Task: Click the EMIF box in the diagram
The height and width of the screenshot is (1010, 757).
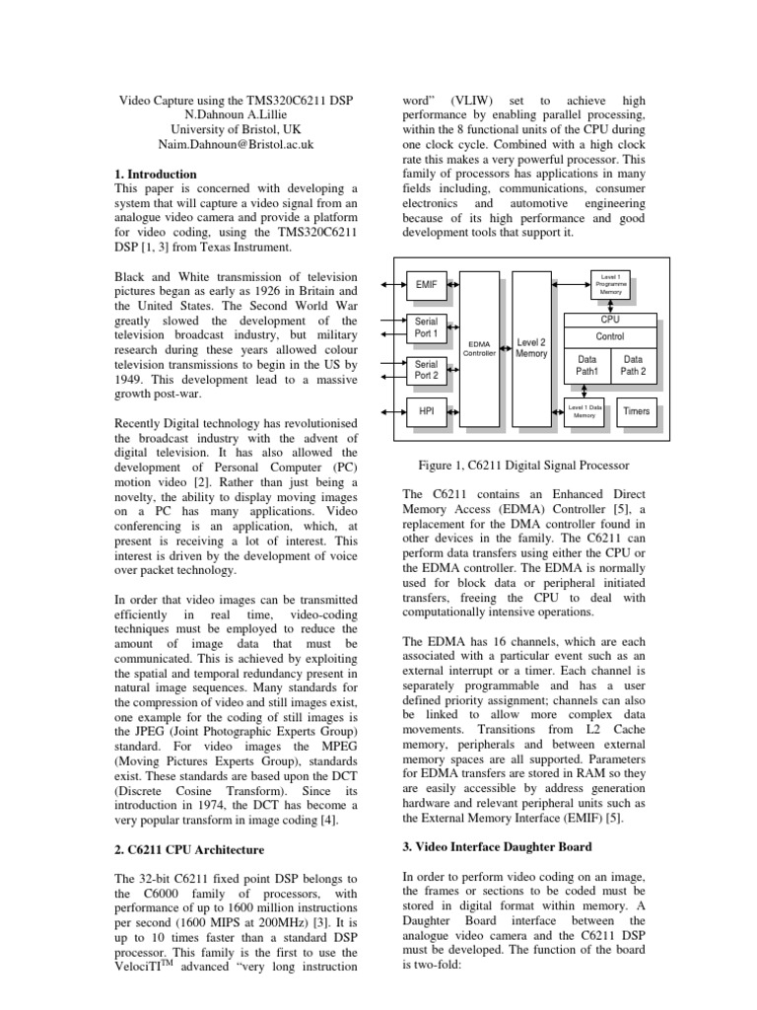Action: [426, 284]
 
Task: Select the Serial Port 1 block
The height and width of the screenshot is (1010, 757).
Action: [426, 327]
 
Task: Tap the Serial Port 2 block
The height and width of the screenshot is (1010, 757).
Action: [426, 370]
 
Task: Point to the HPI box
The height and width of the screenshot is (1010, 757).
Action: [426, 411]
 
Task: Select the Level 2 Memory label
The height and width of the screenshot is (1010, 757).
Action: [531, 347]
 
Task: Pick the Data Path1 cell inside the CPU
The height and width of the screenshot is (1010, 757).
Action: [587, 366]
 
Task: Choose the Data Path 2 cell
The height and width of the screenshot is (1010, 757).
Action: [633, 366]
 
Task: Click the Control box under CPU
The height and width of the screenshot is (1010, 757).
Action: [610, 337]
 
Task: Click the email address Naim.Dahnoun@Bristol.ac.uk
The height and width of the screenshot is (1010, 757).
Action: [236, 143]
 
